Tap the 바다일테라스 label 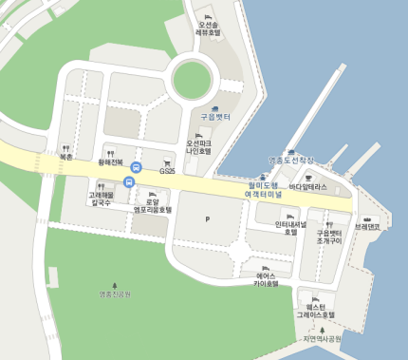point(307,186)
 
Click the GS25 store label point(167,171)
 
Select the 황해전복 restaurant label point(111,162)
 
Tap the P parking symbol point(207,219)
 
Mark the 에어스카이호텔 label point(266,278)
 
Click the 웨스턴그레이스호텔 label point(315,310)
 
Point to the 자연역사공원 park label point(322,337)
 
